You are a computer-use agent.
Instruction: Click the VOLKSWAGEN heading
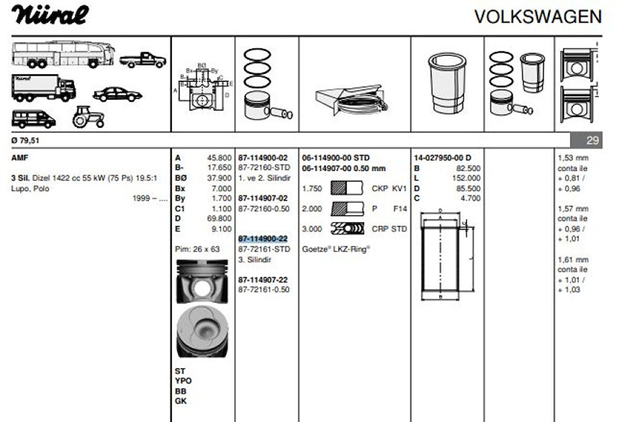(538, 17)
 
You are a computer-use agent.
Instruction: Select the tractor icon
(88, 117)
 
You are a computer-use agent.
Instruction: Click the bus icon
(63, 55)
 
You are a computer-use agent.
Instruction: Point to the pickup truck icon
(142, 60)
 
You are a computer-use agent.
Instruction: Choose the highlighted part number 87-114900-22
(263, 239)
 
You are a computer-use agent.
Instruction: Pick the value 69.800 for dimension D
(220, 219)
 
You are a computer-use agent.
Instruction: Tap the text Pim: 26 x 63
(197, 249)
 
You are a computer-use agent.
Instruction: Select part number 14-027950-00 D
(442, 158)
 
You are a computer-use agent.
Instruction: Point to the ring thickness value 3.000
(312, 229)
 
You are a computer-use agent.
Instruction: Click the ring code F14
(400, 209)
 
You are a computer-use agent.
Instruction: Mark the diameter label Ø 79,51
(25, 140)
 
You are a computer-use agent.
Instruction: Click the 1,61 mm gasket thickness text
(573, 259)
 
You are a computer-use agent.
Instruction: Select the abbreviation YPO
(183, 381)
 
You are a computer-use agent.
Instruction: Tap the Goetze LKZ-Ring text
(336, 250)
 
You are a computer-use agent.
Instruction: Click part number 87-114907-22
(263, 280)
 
